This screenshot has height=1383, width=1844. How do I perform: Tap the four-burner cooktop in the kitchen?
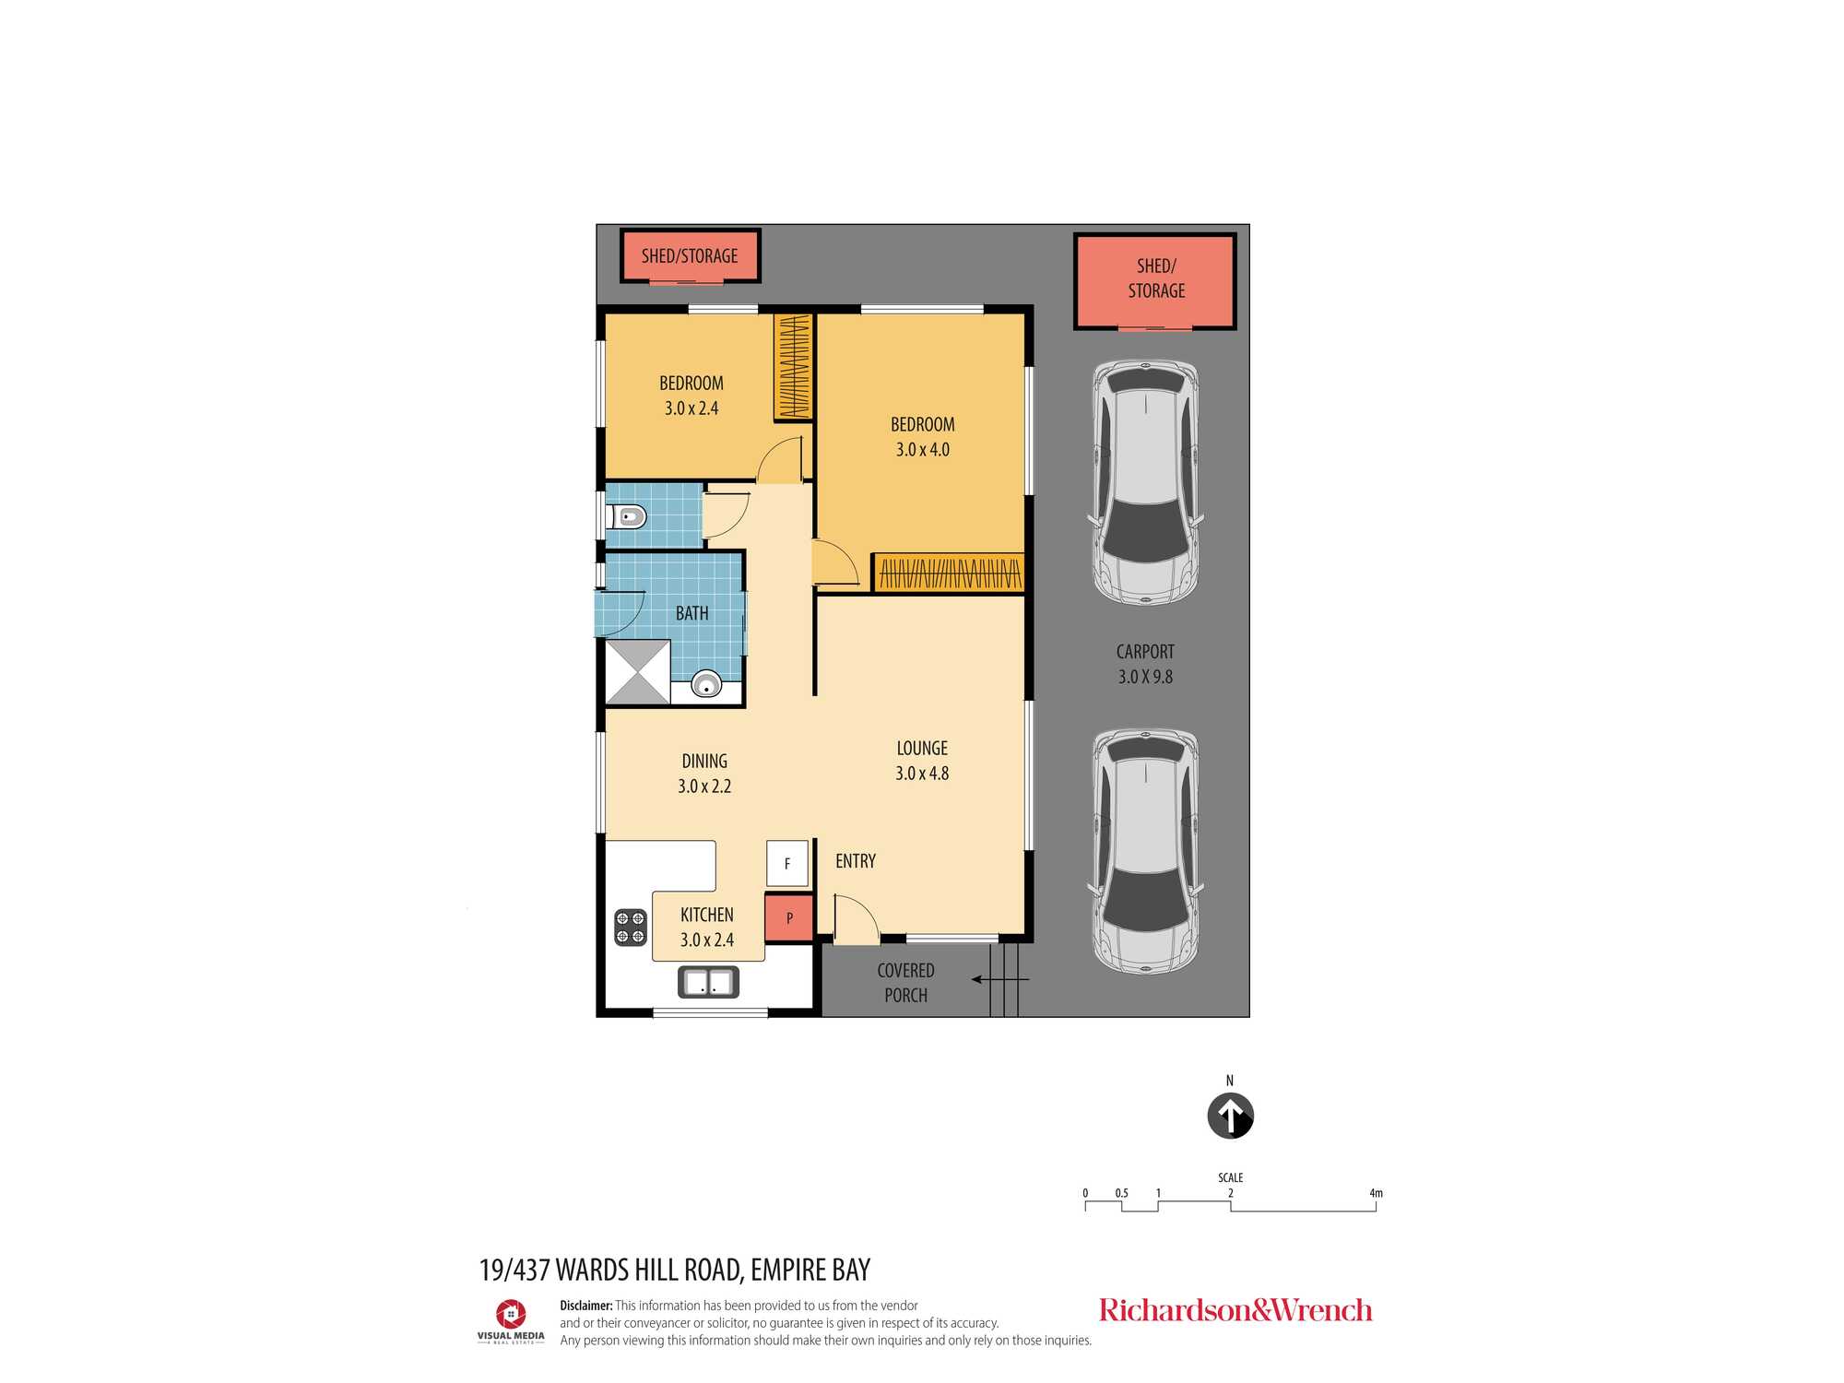pos(631,928)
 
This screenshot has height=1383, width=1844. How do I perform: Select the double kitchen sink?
pos(708,982)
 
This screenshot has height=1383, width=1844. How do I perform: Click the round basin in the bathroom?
pos(706,684)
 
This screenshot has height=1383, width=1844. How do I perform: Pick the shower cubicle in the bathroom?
pos(638,672)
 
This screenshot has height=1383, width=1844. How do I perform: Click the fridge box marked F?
pos(787,864)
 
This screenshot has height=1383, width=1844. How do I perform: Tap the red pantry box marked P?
pos(789,918)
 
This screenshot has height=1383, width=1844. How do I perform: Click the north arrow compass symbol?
pos(1230,1116)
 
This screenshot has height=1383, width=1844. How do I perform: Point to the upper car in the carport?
pos(1146,482)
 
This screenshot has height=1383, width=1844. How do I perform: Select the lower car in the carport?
pos(1146,851)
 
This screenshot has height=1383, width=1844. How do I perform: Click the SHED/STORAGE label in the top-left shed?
pos(690,256)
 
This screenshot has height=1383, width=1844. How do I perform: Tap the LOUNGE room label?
pos(922,749)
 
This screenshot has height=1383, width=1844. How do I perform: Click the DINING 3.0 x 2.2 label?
pos(704,774)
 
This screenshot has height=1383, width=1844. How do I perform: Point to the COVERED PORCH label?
pos(906,983)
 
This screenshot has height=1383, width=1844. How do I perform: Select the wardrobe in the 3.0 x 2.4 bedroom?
pos(793,366)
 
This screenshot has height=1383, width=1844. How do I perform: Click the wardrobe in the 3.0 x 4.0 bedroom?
pos(949,573)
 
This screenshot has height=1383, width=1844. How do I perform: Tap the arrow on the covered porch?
pos(999,979)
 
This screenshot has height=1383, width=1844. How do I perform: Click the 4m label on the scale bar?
pos(1376,1193)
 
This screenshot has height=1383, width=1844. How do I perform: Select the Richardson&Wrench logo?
pos(1235,1310)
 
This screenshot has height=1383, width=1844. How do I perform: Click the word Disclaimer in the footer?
pos(586,1306)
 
